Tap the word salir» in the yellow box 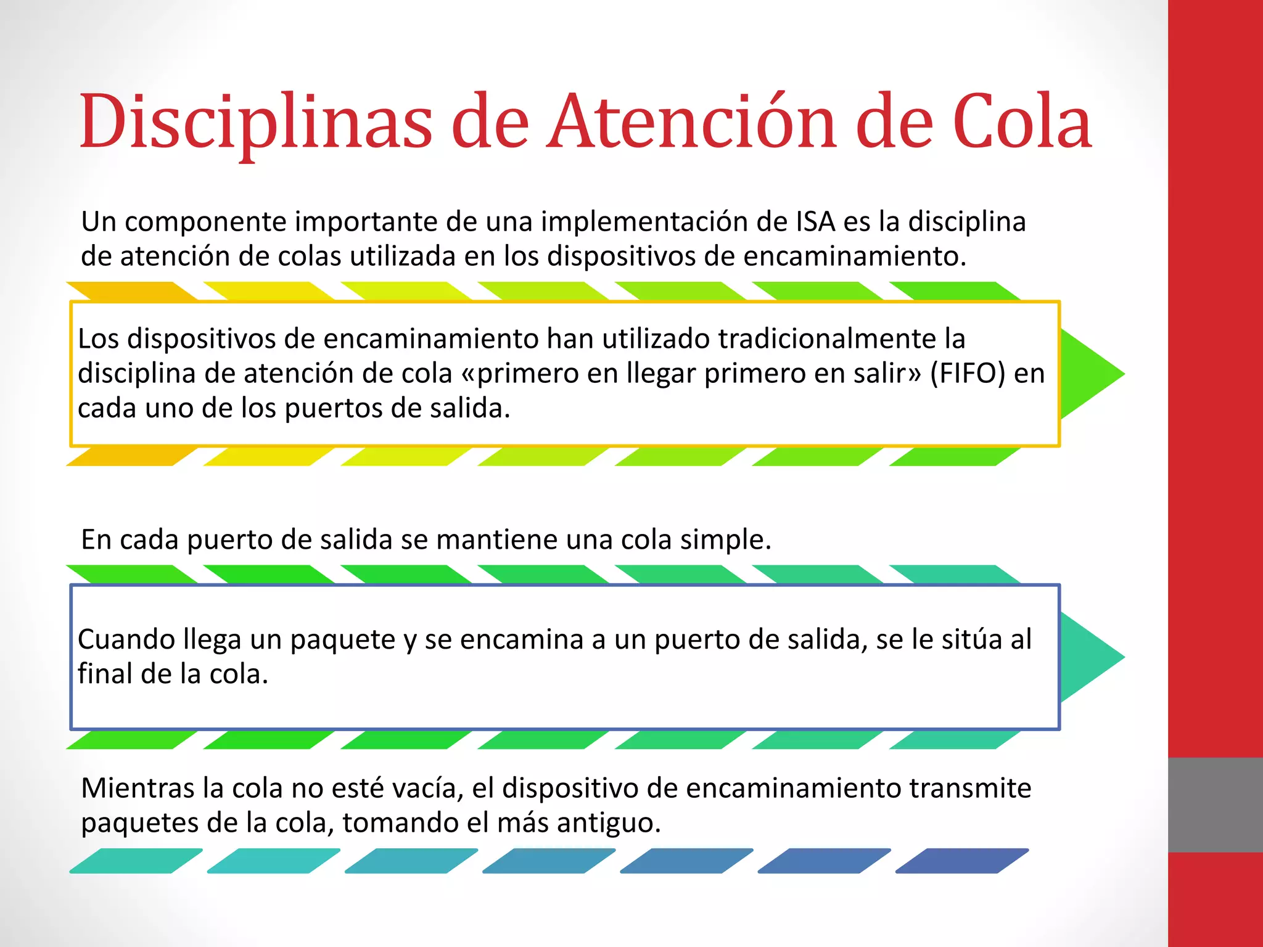pyautogui.click(x=887, y=374)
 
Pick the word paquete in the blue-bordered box pyautogui.click(x=342, y=639)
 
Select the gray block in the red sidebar pyautogui.click(x=1215, y=805)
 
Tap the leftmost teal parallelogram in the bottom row pyautogui.click(x=136, y=861)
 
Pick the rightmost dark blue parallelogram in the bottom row pyautogui.click(x=962, y=861)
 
